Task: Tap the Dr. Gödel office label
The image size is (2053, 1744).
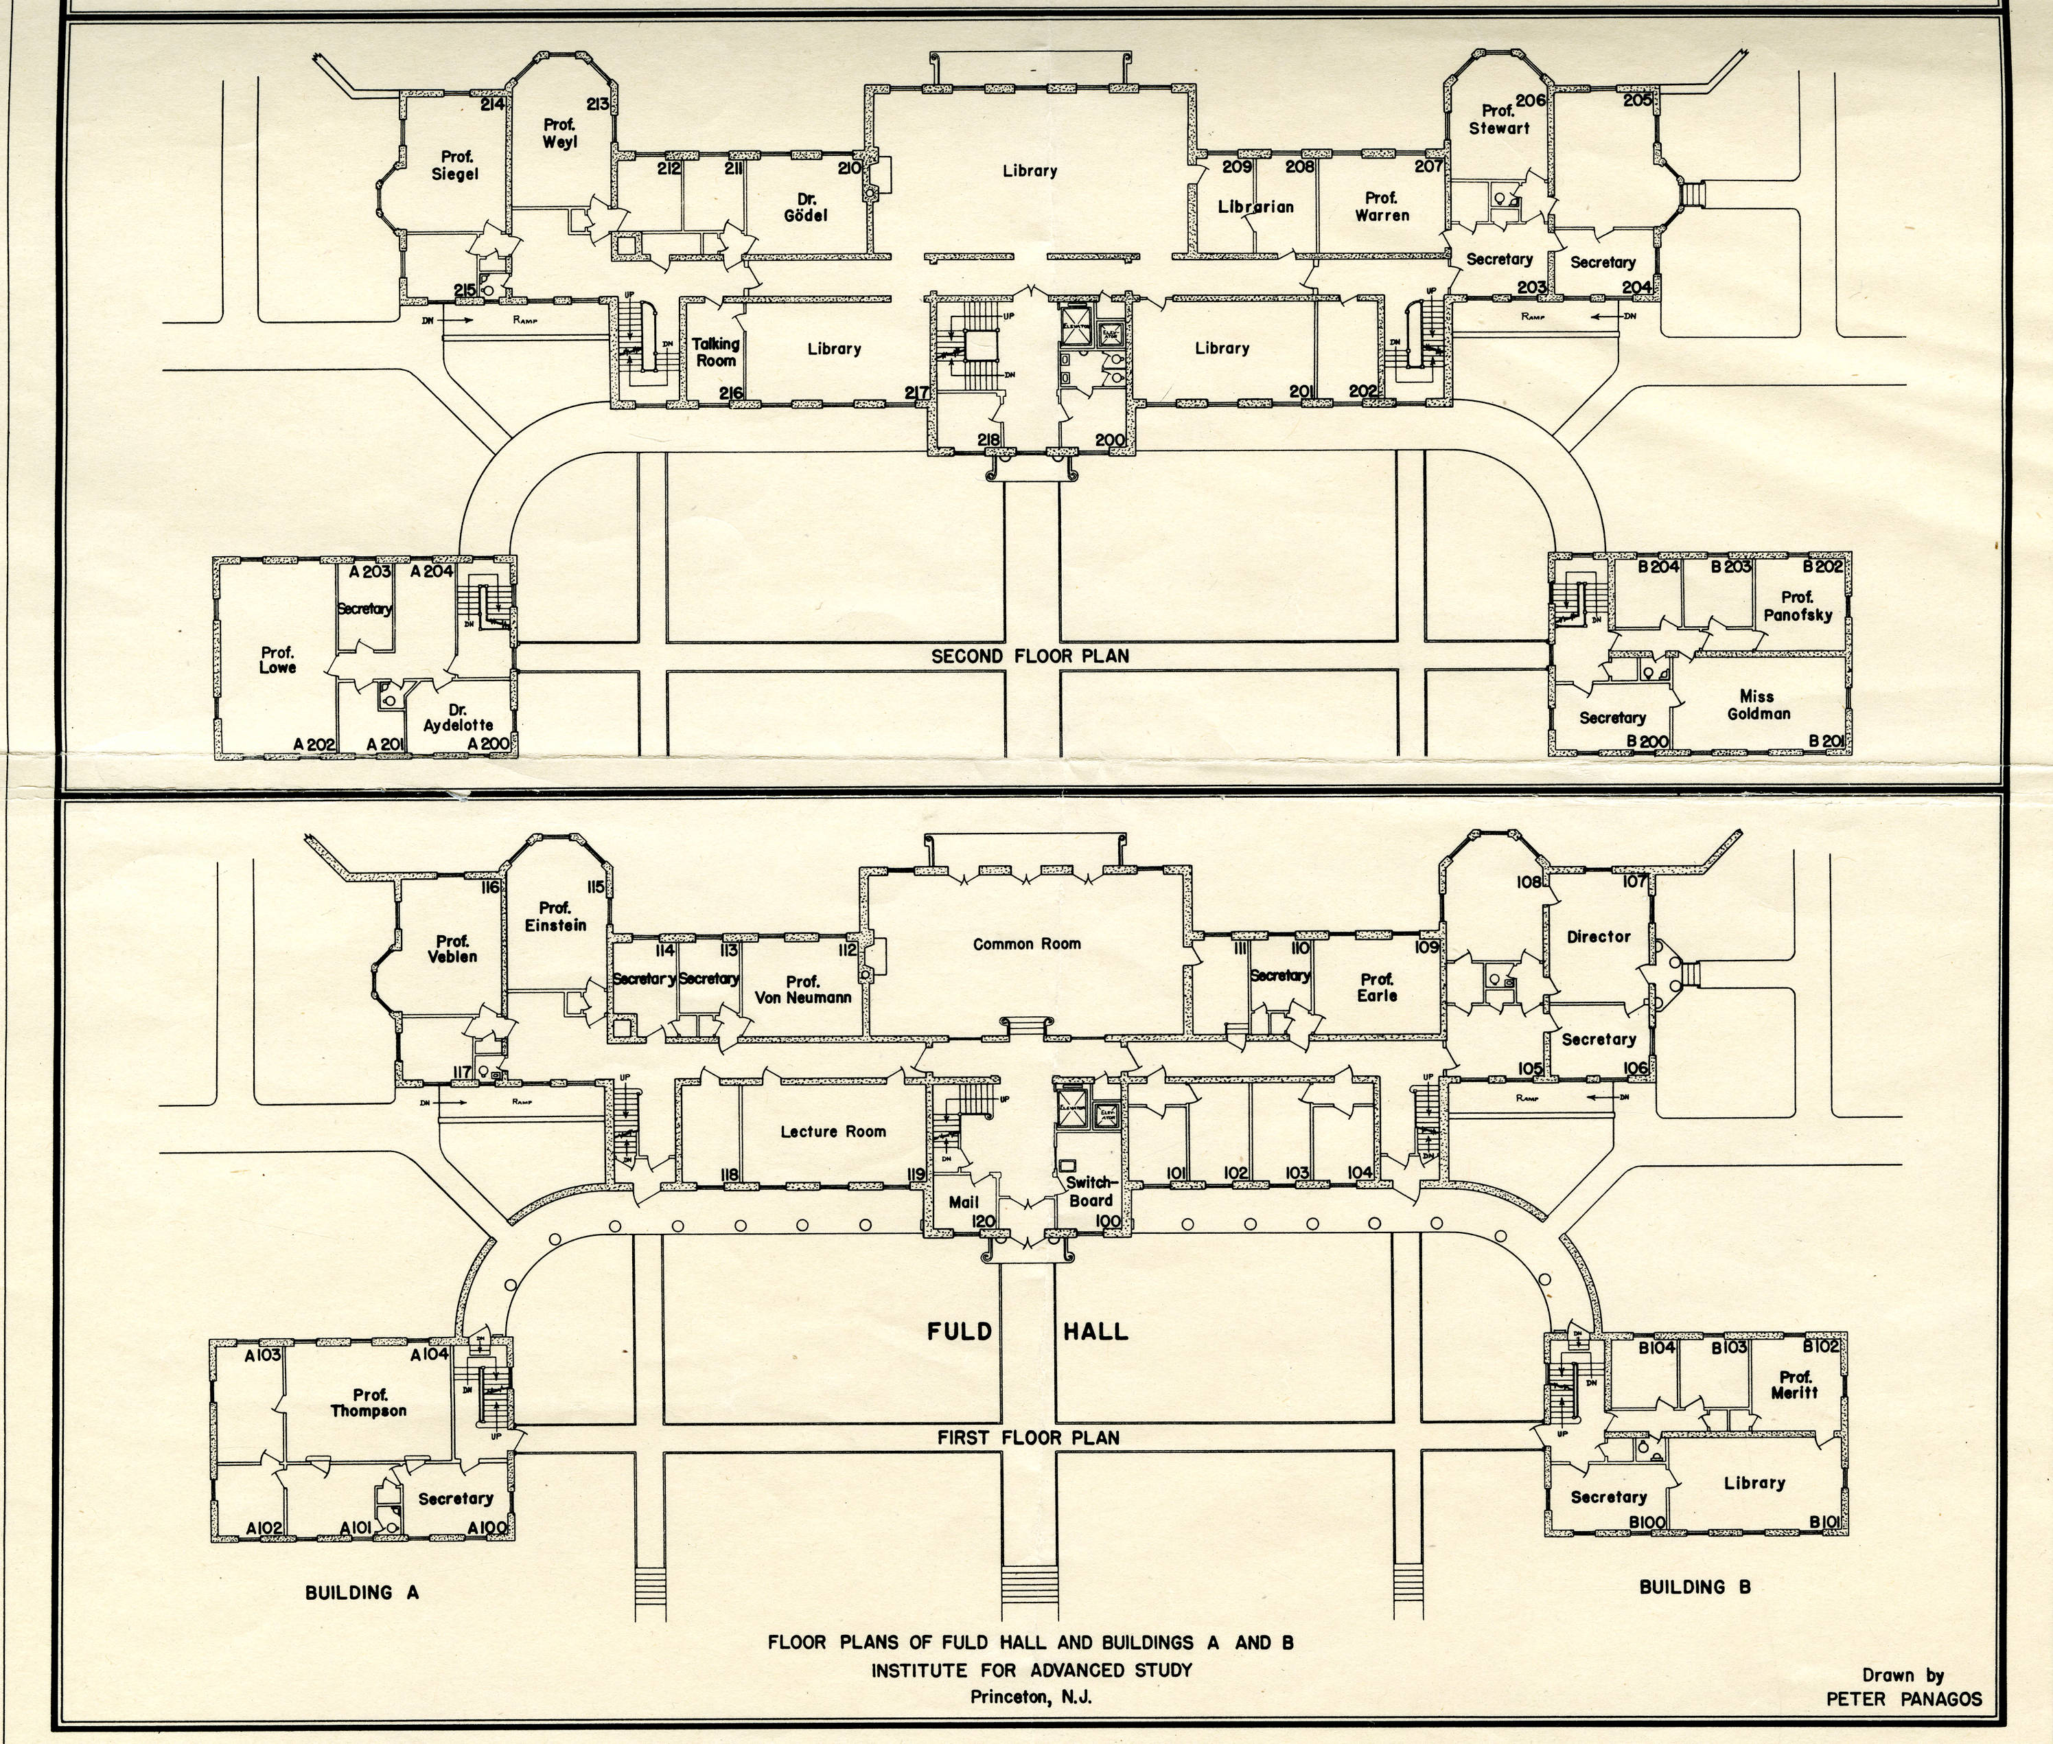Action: click(x=806, y=207)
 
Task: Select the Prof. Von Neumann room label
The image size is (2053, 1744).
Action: click(x=802, y=989)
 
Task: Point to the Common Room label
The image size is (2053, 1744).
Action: click(x=1027, y=944)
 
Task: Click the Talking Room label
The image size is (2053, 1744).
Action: click(x=716, y=352)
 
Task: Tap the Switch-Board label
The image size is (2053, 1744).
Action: click(x=1090, y=1191)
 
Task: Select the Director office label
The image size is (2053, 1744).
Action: click(x=1599, y=937)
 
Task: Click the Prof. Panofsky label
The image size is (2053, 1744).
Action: click(x=1797, y=606)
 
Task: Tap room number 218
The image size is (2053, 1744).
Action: click(x=988, y=441)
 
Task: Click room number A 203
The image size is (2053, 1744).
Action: click(x=371, y=571)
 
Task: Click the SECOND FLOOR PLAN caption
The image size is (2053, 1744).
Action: click(x=1029, y=656)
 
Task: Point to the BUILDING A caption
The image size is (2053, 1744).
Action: click(x=362, y=1593)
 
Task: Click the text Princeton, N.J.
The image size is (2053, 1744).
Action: click(x=1031, y=1697)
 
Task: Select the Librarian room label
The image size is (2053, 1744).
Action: click(x=1255, y=207)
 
